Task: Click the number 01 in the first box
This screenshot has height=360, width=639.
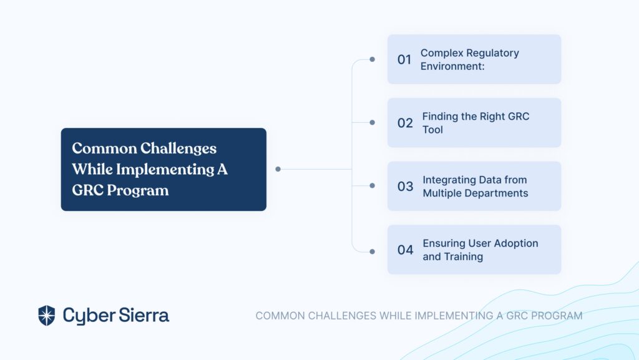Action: point(404,59)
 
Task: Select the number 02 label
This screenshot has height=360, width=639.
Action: point(405,123)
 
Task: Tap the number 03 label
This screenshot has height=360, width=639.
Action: point(405,186)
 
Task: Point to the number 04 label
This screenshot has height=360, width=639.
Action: point(405,250)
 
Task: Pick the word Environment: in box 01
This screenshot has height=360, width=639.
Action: point(452,66)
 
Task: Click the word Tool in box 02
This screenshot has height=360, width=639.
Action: point(432,130)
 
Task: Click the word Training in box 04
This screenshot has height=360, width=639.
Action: point(464,256)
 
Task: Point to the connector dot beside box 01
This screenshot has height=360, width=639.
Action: point(372,59)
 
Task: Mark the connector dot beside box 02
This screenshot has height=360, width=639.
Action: point(372,122)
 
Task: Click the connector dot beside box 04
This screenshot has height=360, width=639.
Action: point(372,251)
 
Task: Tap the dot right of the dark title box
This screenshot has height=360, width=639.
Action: point(278,169)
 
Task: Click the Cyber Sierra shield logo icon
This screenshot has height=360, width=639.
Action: point(46,316)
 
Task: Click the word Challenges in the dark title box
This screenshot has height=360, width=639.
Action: point(178,148)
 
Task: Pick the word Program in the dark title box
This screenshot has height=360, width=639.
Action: point(137,190)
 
